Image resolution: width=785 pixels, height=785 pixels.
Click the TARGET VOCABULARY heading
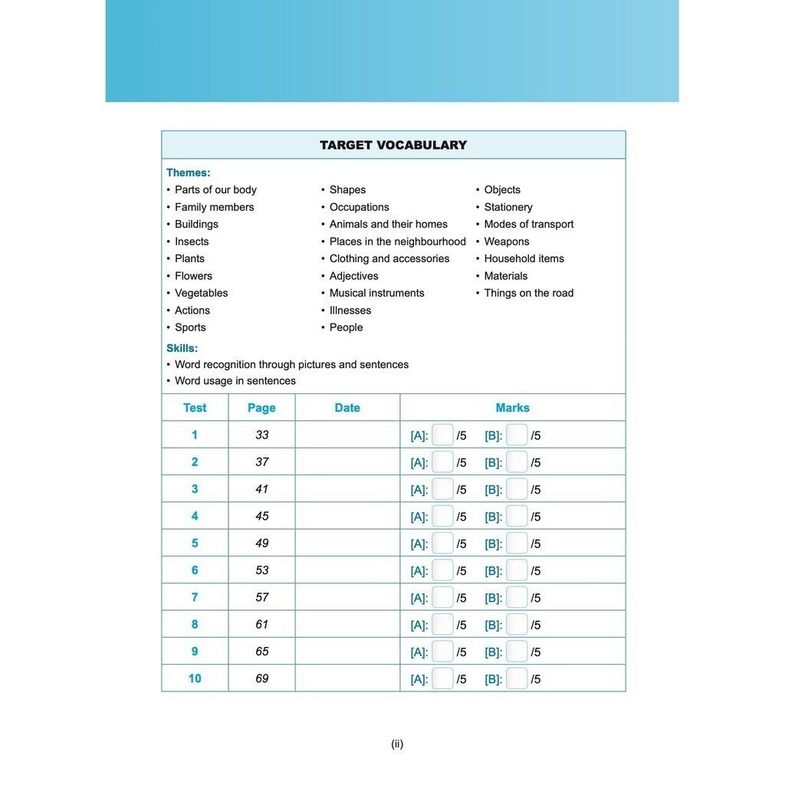(392, 145)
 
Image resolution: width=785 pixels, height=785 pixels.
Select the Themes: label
(188, 172)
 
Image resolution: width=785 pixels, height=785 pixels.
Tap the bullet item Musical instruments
(376, 293)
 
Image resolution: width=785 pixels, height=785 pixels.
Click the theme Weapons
(506, 241)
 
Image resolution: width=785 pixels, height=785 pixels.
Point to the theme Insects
(192, 241)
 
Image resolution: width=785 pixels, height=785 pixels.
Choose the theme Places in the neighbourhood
(397, 241)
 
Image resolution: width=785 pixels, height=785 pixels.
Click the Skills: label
(182, 348)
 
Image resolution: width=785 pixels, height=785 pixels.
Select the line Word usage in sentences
(235, 381)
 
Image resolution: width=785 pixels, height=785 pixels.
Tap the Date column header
(347, 408)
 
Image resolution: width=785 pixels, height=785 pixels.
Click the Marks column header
(512, 408)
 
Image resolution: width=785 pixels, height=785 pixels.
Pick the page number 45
(262, 516)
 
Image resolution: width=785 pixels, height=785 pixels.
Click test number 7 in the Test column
(195, 597)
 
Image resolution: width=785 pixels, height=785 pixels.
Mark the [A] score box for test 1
(442, 435)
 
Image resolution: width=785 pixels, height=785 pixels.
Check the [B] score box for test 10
(517, 678)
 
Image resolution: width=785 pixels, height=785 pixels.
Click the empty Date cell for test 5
(347, 543)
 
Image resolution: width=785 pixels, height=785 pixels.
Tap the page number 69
(262, 678)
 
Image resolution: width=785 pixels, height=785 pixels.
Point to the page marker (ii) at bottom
(397, 744)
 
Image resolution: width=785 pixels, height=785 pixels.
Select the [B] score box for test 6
(517, 570)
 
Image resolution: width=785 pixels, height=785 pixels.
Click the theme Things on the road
(528, 293)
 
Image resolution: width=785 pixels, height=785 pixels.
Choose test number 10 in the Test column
(195, 678)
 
